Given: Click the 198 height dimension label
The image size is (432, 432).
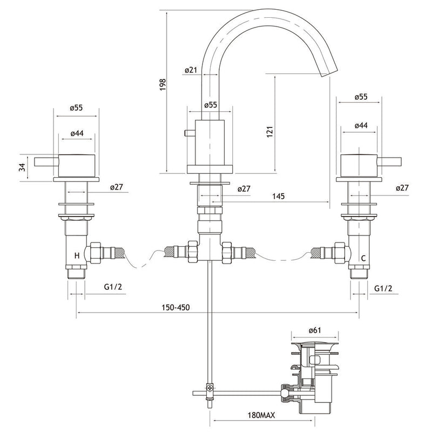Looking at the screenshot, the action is [x=163, y=85].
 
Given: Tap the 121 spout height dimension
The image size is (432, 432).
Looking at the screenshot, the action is [x=269, y=132].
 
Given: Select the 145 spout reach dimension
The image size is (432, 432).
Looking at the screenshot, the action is [x=278, y=196].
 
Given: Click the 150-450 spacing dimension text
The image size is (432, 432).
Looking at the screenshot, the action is [x=176, y=307].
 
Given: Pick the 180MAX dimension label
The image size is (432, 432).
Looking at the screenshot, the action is [x=261, y=415].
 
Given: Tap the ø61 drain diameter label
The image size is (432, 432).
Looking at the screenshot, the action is [x=315, y=330].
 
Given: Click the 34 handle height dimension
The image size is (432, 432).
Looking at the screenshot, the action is [x=22, y=167].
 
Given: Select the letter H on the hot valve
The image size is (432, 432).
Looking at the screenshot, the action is [x=77, y=255].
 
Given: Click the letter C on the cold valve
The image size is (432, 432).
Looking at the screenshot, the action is [x=363, y=258].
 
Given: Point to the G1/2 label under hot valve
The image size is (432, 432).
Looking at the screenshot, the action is [x=113, y=287].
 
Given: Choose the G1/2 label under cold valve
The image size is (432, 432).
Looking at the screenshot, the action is [x=383, y=288].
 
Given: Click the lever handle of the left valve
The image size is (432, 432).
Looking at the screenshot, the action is [x=46, y=161].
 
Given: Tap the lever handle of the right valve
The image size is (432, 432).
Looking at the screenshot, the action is [x=389, y=162].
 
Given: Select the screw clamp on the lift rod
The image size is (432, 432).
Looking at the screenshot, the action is [x=210, y=388].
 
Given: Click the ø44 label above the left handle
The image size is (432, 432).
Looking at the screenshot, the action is [x=77, y=133].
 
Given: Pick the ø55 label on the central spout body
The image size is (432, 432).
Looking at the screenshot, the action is [x=211, y=105].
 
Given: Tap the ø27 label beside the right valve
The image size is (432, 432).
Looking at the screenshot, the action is [x=402, y=188].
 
